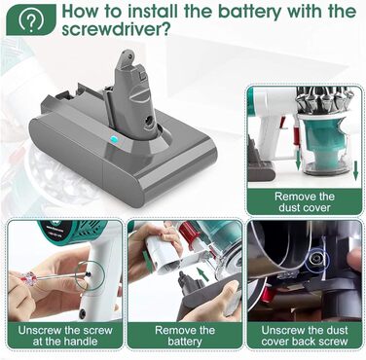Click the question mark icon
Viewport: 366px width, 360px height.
(31, 20)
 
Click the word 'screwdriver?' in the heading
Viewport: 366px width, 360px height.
(116, 30)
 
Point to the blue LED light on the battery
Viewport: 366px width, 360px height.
(114, 140)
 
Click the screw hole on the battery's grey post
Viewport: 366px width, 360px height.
(150, 122)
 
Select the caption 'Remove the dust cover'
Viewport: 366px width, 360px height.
(305, 201)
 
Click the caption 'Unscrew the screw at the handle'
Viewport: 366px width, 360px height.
(65, 336)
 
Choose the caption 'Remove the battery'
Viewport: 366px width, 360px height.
(185, 336)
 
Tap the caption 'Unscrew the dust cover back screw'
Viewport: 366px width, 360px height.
(305, 336)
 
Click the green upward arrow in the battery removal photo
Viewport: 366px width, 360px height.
(202, 274)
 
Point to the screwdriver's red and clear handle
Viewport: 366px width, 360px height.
(31, 278)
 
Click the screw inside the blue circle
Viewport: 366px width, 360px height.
(314, 259)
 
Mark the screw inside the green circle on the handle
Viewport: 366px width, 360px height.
(88, 275)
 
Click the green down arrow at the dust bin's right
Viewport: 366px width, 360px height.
(355, 170)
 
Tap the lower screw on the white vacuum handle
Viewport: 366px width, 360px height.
(83, 313)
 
